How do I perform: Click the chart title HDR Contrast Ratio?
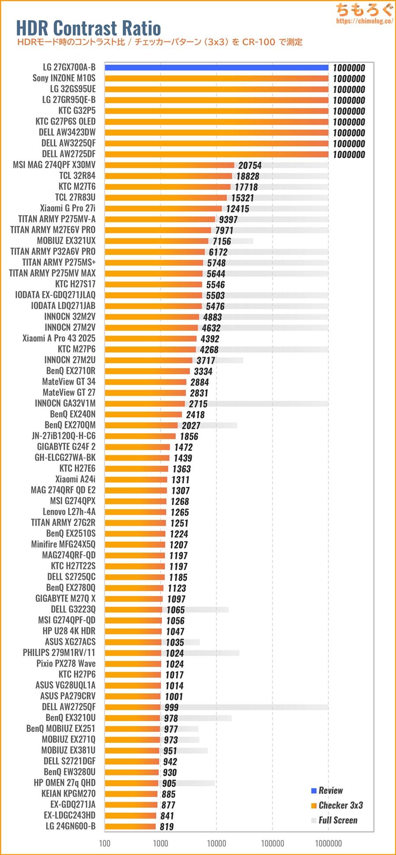[88, 28]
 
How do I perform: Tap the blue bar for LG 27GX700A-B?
[216, 67]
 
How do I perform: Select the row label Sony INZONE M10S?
[64, 78]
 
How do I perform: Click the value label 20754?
[250, 165]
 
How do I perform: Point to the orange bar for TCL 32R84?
[168, 176]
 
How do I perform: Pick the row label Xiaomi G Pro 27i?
[67, 208]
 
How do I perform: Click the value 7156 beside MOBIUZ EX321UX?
[222, 241]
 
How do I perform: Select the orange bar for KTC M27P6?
[150, 350]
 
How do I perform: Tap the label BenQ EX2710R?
[71, 371]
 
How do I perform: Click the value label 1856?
[189, 436]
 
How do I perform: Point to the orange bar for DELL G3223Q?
[133, 610]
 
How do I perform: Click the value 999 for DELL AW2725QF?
[172, 708]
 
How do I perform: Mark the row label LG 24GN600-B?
[70, 826]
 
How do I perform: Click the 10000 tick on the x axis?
[216, 844]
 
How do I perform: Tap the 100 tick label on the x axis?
[105, 844]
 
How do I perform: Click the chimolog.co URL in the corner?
[364, 21]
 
